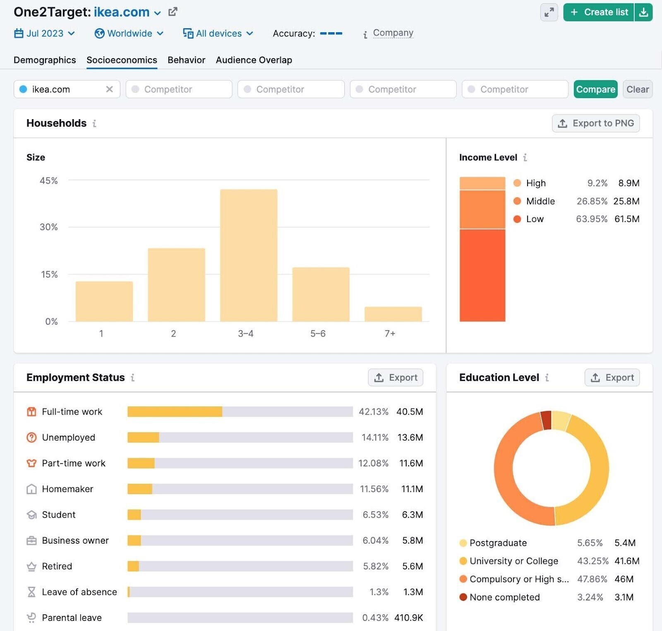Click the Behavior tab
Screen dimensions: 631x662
tap(186, 60)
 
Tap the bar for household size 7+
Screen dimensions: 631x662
tap(393, 314)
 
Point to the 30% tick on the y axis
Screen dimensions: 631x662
tap(48, 227)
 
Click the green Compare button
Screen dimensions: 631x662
tap(595, 89)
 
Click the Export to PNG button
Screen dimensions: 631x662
tap(595, 123)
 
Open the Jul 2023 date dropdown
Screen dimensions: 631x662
tap(44, 33)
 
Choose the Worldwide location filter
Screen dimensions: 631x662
tap(129, 33)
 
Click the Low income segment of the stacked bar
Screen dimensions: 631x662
tap(482, 275)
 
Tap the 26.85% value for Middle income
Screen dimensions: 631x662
tap(592, 201)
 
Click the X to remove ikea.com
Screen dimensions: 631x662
tap(109, 89)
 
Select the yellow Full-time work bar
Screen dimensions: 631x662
tap(175, 411)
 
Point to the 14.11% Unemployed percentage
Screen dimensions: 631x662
tap(375, 437)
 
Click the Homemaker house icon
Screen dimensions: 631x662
tap(31, 489)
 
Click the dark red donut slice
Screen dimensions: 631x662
tap(547, 420)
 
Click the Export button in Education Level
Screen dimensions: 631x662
tap(612, 378)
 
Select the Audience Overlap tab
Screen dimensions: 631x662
tap(254, 60)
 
